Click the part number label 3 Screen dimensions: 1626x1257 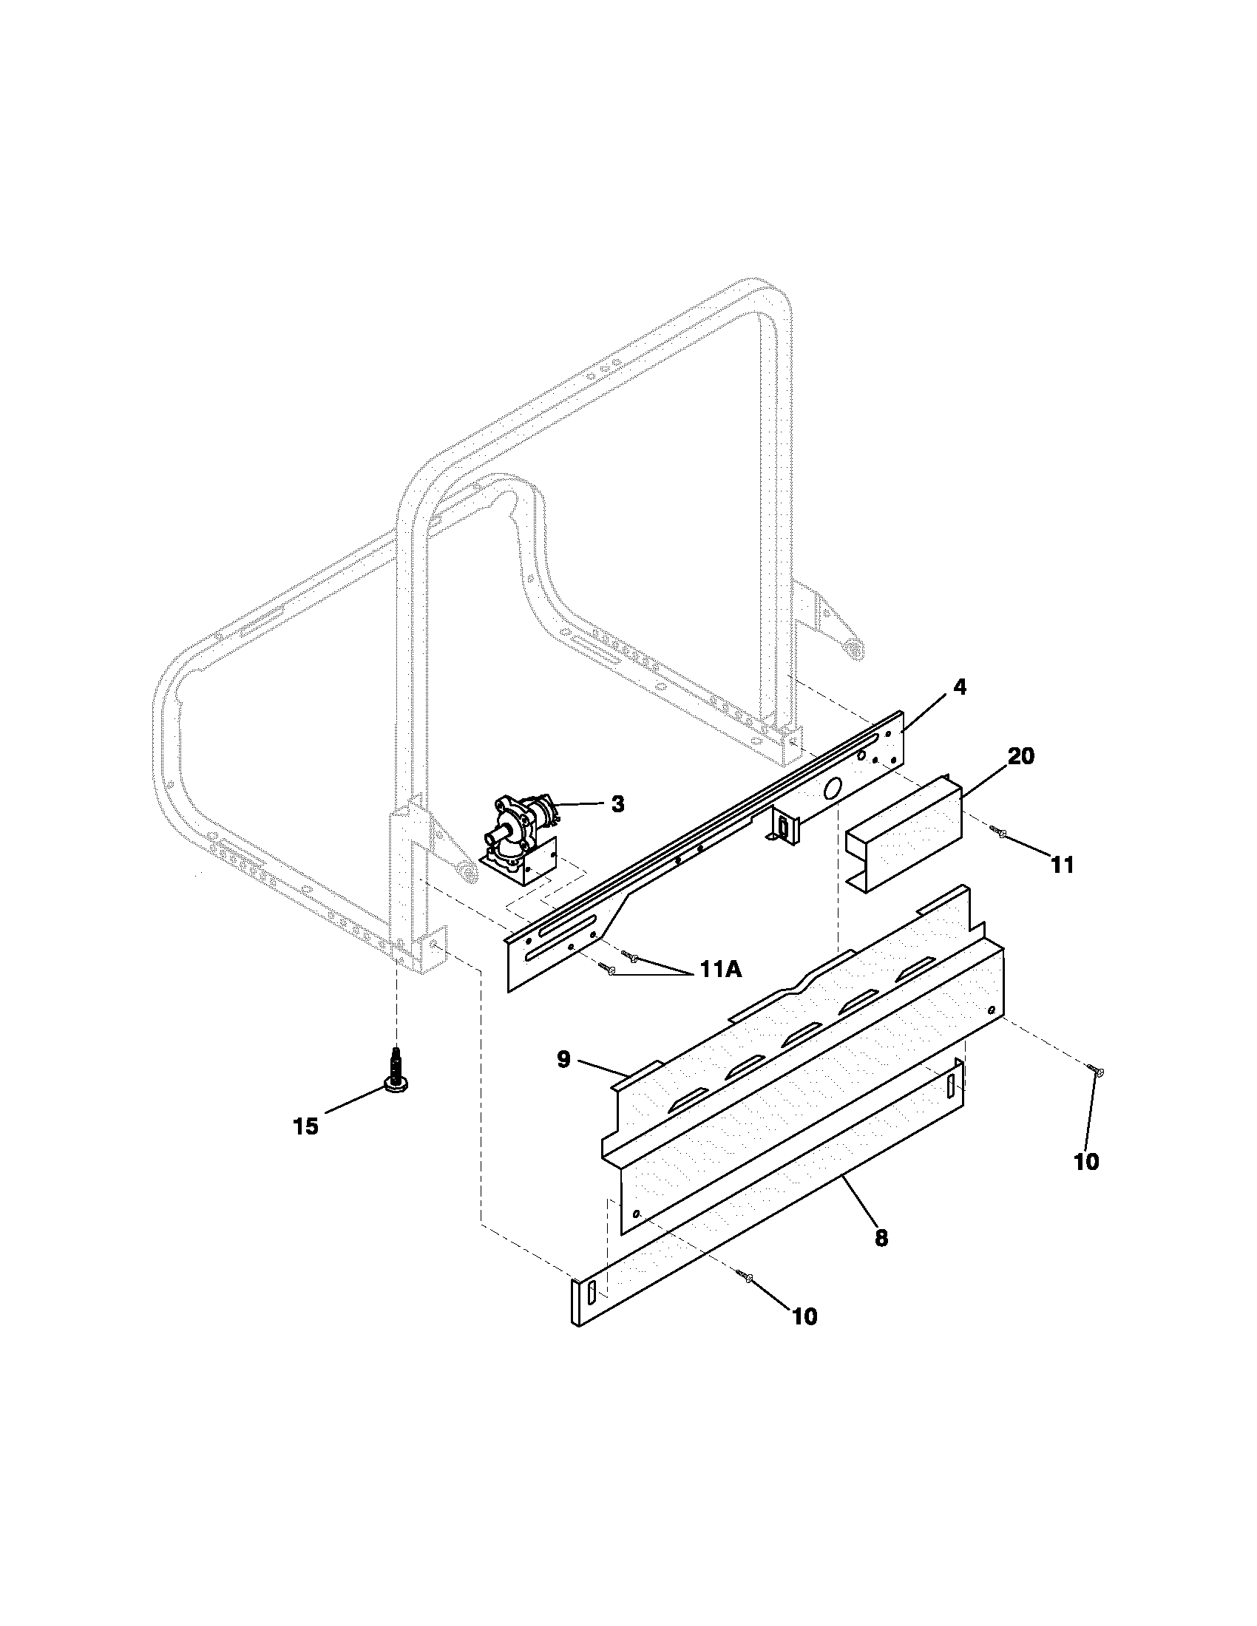coord(617,804)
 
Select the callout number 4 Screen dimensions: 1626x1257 coord(960,687)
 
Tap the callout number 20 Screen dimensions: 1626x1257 coord(1021,755)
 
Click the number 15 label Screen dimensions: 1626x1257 coord(305,1126)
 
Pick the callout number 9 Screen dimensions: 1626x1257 coord(563,1058)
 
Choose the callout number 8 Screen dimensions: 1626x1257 coord(881,1237)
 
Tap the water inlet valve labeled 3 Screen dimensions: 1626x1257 coord(521,834)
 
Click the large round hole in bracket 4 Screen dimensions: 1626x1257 coord(833,789)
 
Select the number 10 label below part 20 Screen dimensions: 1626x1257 coord(1086,1161)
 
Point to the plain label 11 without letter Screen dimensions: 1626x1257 coord(1062,865)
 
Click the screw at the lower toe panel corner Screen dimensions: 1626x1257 coord(748,1278)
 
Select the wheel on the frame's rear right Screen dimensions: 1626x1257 coord(855,650)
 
